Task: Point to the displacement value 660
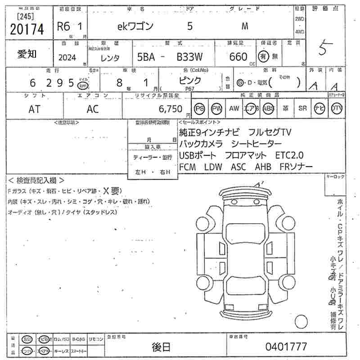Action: [238, 57]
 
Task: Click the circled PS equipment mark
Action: [199, 108]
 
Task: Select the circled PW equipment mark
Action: [217, 108]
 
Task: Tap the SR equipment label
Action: [302, 108]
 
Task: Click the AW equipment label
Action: [234, 108]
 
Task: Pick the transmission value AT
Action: [34, 109]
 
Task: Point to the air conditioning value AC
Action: [93, 109]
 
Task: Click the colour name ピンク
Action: [190, 81]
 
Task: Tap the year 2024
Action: [67, 58]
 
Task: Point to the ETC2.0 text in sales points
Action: [289, 155]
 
